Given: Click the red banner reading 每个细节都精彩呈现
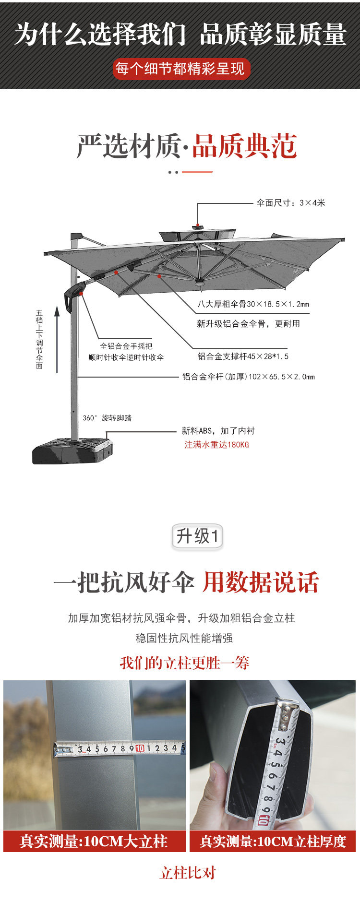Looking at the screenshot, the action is coord(181,69).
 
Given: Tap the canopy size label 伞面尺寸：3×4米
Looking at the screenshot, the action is coord(290,203).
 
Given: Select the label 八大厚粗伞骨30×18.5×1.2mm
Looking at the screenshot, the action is coord(253,304).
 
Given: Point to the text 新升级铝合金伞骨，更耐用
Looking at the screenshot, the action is coord(248,324).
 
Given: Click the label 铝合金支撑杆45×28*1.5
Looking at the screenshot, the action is coord(243,356).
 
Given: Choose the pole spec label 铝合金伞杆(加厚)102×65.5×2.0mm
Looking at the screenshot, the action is coord(248,377).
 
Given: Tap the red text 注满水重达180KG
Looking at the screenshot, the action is coord(216,445).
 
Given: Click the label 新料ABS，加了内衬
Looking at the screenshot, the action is coord(218,431).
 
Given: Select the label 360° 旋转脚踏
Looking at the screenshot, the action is coord(107,418).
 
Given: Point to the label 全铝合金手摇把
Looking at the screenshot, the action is coord(126,346).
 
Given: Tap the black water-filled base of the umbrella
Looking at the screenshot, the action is coord(72,451).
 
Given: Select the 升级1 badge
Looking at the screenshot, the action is coord(197,536).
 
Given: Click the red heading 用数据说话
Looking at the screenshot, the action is coord(261,582).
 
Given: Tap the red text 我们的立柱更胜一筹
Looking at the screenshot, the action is coord(184,663).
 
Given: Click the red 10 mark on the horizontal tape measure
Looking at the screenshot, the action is coord(140,748).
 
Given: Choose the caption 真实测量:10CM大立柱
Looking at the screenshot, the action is coord(94,841).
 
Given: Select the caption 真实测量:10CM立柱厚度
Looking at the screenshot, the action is coord(273,841).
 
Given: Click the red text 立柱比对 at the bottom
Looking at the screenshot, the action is coord(187,873).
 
